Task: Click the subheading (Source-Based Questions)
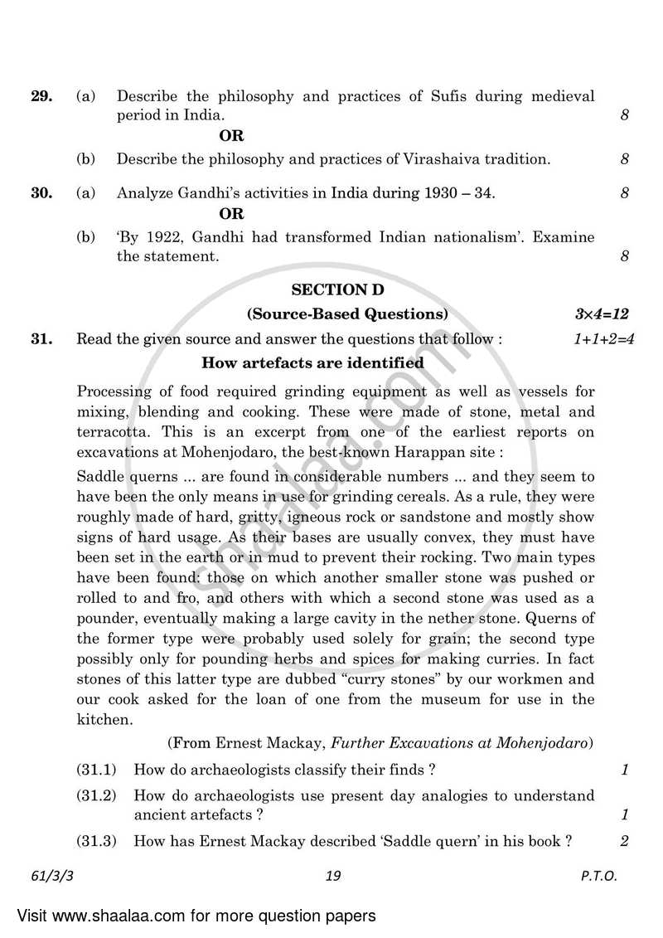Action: coord(347,313)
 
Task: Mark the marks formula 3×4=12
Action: coord(602,313)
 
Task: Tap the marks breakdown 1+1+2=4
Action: coord(603,338)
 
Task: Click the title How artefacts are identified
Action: coord(313,362)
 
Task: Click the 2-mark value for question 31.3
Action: coord(624,841)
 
